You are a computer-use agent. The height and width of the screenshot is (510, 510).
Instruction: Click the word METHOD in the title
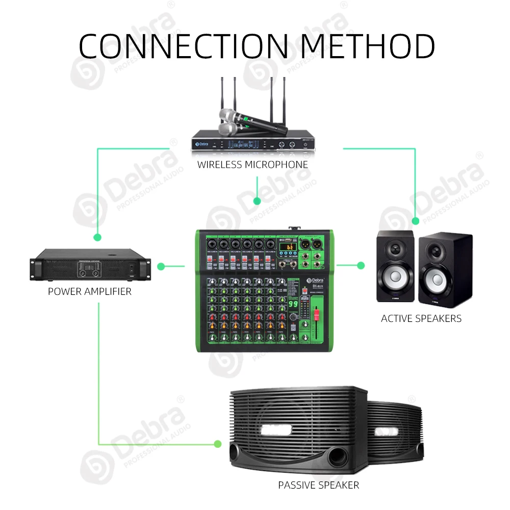pyautogui.click(x=367, y=45)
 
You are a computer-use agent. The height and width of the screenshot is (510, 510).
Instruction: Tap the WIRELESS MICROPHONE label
pyautogui.click(x=253, y=165)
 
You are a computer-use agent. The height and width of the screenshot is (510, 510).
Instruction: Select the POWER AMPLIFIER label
pyautogui.click(x=90, y=292)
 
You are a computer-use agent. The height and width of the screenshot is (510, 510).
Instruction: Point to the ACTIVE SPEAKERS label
pyautogui.click(x=421, y=318)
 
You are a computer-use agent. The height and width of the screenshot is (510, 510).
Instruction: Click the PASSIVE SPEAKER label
pyautogui.click(x=319, y=485)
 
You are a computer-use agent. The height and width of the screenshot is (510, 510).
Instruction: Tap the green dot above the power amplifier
pyautogui.click(x=97, y=237)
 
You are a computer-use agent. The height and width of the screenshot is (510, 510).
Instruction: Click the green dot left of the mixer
pyautogui.click(x=161, y=266)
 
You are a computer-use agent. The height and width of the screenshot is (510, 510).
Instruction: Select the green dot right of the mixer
pyautogui.click(x=361, y=265)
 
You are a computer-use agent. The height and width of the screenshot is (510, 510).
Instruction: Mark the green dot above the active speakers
pyautogui.click(x=416, y=221)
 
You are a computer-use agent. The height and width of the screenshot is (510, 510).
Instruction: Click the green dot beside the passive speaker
pyautogui.click(x=218, y=444)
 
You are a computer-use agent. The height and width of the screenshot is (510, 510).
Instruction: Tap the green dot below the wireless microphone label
pyautogui.click(x=258, y=200)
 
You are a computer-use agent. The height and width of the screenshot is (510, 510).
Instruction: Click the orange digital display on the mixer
pyautogui.click(x=289, y=247)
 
